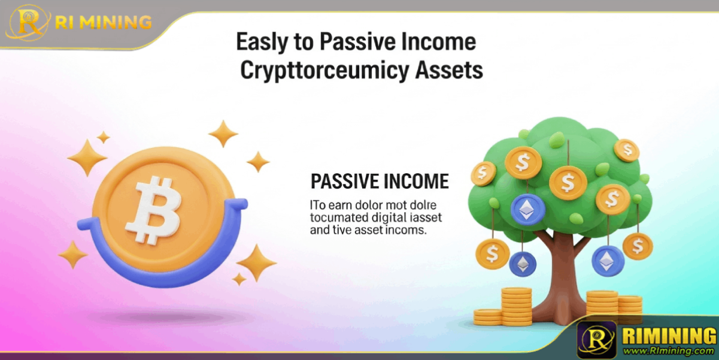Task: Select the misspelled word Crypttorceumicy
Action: coord(324,71)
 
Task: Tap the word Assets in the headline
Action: coord(449,70)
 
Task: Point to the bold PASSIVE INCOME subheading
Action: coord(380,181)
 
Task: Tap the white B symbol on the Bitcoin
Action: coord(154,210)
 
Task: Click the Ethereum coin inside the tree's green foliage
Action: coord(527,210)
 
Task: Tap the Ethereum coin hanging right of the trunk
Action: coord(607,261)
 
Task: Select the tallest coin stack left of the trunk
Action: coord(517,307)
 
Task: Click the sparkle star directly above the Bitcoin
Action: coord(223,134)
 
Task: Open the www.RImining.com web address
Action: coord(669,350)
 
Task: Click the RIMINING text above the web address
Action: coord(669,335)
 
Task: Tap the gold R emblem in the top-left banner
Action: coord(28,23)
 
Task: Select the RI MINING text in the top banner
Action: coord(103,22)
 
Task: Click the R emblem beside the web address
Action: coord(597,340)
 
